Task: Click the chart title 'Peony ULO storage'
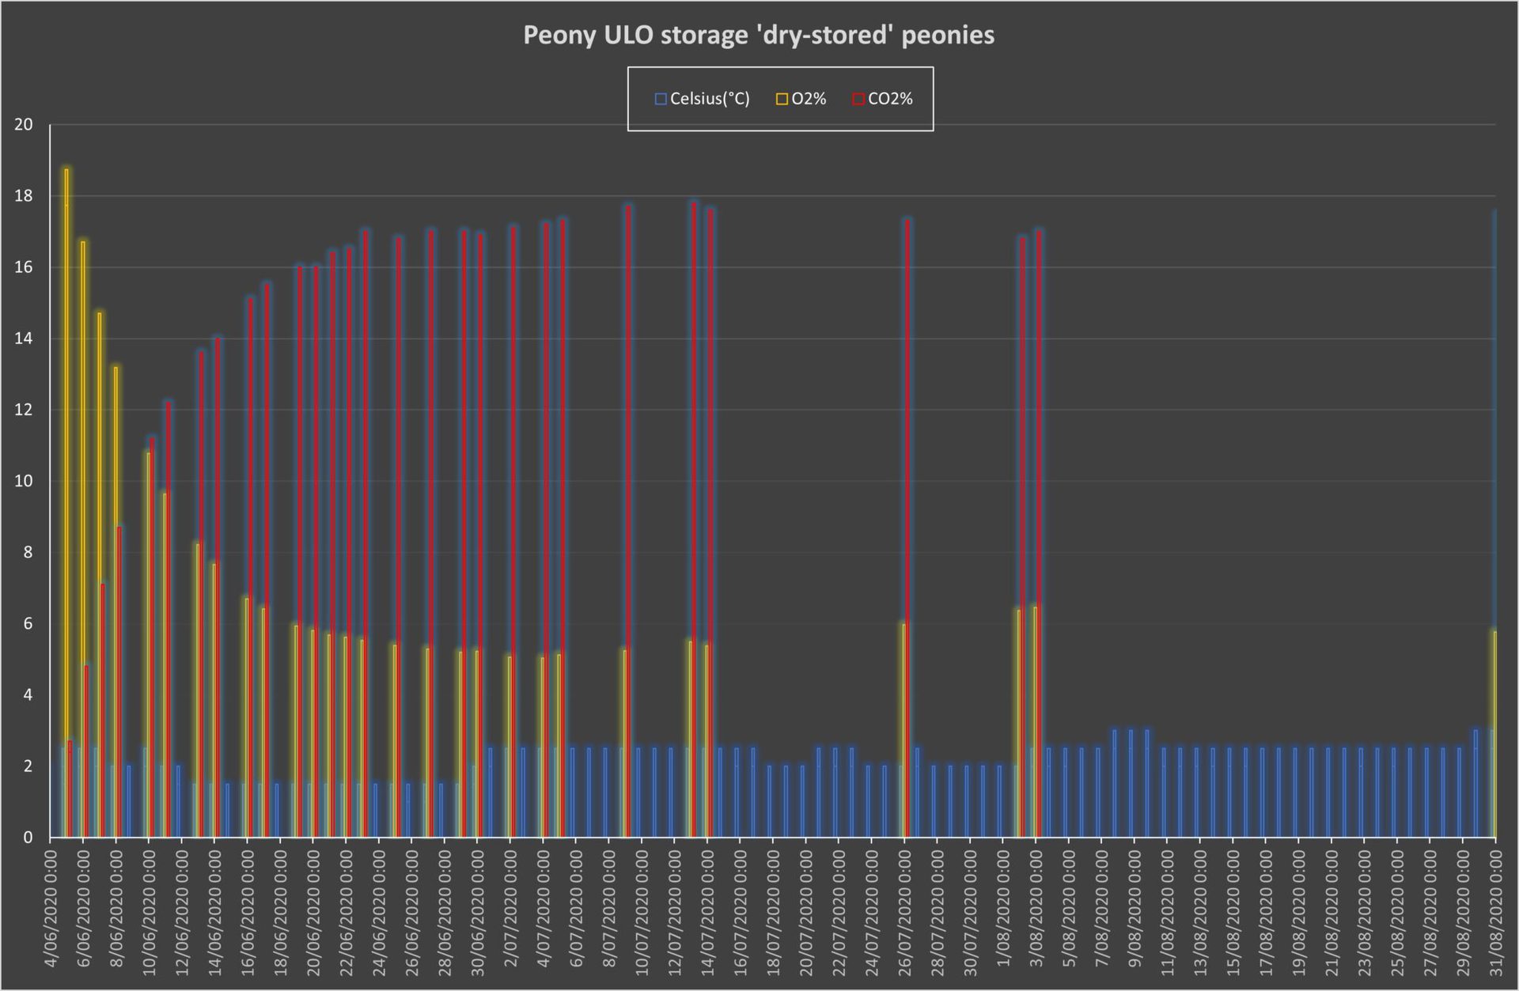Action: tap(758, 36)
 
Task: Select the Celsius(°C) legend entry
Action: tap(702, 99)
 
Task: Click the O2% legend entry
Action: tap(801, 99)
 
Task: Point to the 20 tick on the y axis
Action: tap(24, 125)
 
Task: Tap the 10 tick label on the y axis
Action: tap(24, 481)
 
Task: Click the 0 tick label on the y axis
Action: tap(28, 838)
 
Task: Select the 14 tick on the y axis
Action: tap(24, 339)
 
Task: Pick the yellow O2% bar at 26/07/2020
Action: tap(903, 728)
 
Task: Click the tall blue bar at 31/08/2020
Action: tap(1494, 395)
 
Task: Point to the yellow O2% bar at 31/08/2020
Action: tap(1494, 736)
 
